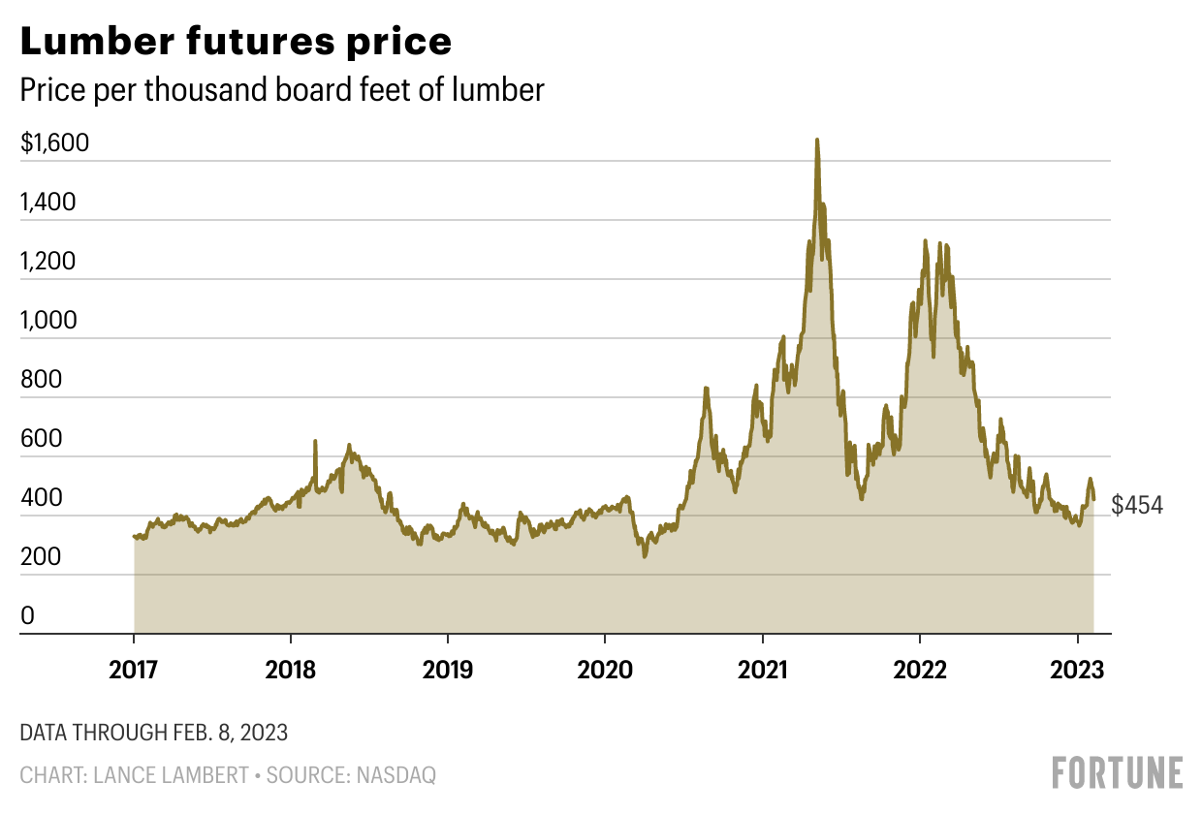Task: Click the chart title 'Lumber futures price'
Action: point(236,42)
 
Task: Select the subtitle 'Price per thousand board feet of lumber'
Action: point(282,90)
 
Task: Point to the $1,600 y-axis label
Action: point(54,143)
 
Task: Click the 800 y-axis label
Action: point(41,380)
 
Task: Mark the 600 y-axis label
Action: point(41,439)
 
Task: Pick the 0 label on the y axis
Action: point(27,616)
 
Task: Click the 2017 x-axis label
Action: point(133,669)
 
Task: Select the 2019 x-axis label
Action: point(447,669)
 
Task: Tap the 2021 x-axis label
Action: point(762,669)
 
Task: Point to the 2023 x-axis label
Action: point(1077,669)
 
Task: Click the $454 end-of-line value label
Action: point(1136,505)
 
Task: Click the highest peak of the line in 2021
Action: point(817,141)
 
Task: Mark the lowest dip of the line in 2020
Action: point(644,556)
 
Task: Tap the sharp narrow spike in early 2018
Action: point(315,442)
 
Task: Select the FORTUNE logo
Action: point(1118,772)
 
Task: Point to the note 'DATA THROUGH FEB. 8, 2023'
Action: point(153,733)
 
